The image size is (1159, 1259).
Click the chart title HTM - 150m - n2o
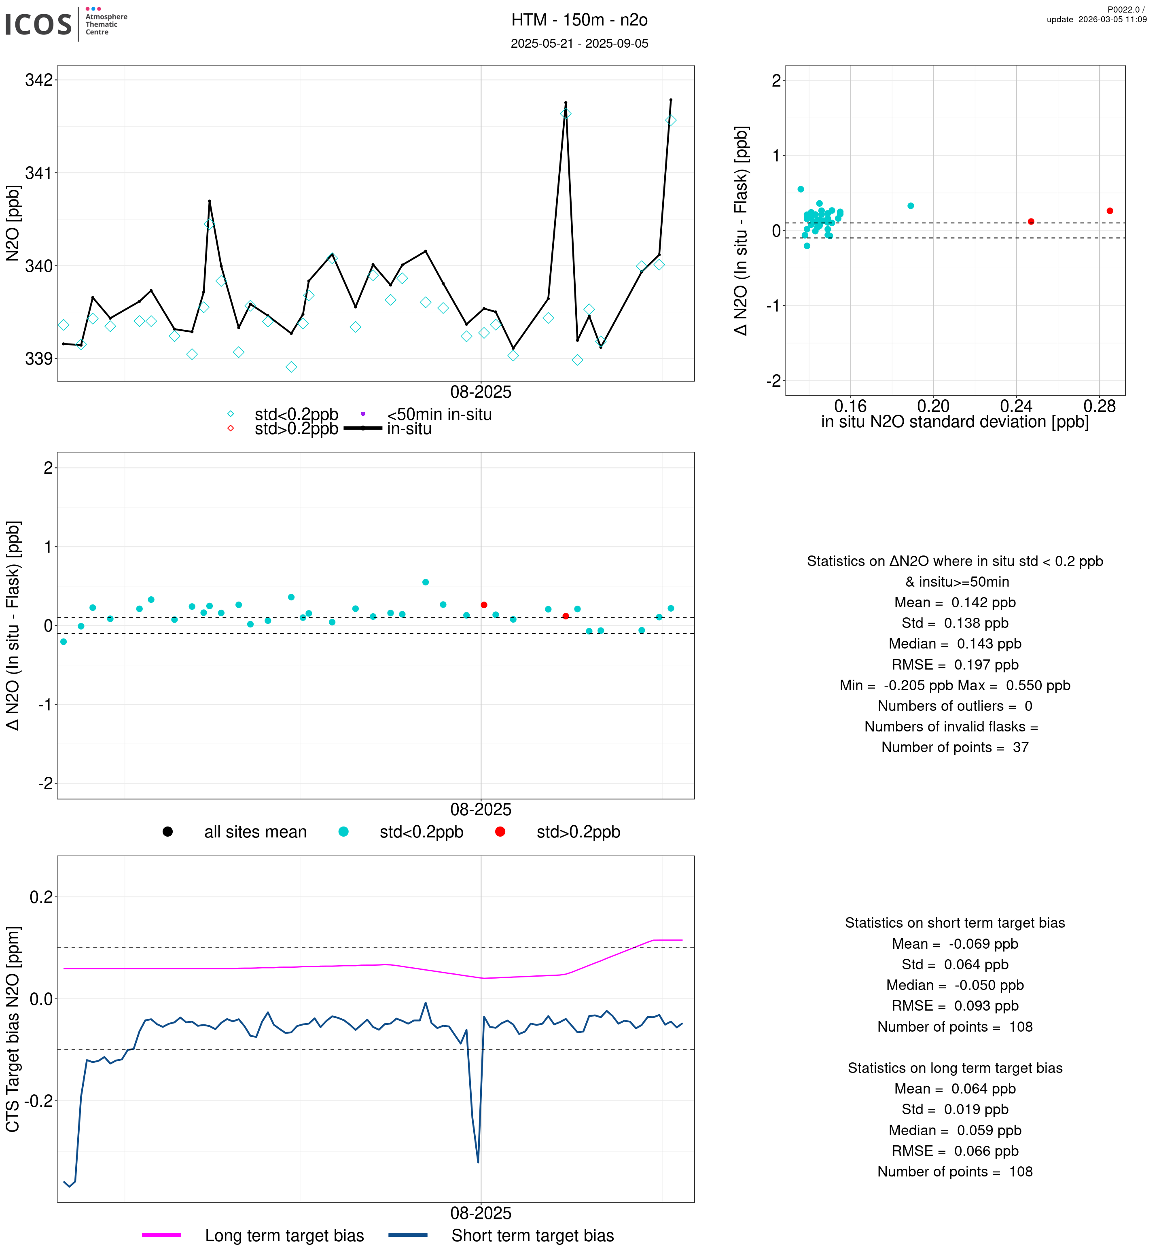tap(579, 20)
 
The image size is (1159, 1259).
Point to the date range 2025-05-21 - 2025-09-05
tap(579, 43)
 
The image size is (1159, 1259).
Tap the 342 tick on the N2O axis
tap(39, 80)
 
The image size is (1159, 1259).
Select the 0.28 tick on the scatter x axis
tap(1100, 407)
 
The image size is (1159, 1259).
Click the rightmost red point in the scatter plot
tap(1110, 211)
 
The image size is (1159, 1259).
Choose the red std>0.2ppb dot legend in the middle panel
tap(500, 832)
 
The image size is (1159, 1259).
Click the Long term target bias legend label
tap(285, 1236)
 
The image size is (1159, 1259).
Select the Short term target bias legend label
tap(532, 1236)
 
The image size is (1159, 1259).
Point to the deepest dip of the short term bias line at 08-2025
tap(478, 1162)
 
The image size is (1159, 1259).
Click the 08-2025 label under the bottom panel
tap(481, 1213)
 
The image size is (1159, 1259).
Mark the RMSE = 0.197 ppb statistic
tap(955, 665)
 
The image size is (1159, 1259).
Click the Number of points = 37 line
tap(955, 747)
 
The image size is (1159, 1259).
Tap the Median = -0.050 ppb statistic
tap(955, 986)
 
